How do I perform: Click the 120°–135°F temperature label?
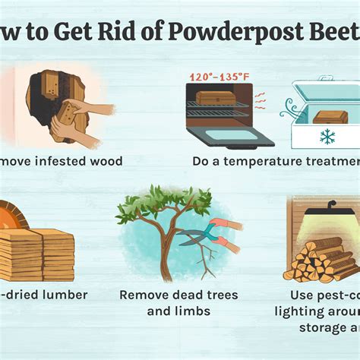click(220, 77)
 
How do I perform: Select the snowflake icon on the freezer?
click(327, 136)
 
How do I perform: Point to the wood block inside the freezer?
click(330, 116)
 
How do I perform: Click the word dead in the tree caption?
click(181, 295)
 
